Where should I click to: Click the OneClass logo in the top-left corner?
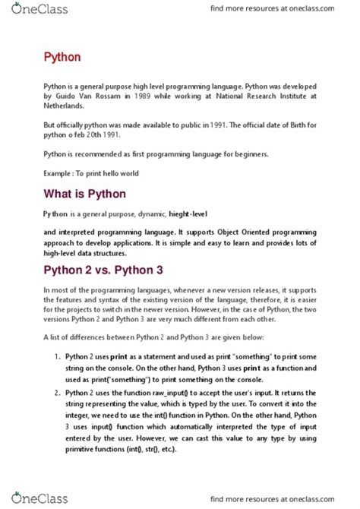tap(36, 10)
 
